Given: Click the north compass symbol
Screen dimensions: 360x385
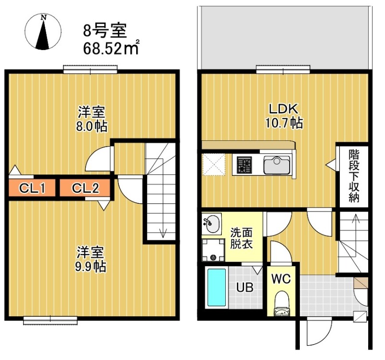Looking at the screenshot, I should pyautogui.click(x=44, y=32).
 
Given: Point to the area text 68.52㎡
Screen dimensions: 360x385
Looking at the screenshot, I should pyautogui.click(x=111, y=48).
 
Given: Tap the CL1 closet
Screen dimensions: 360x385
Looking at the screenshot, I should pyautogui.click(x=32, y=187).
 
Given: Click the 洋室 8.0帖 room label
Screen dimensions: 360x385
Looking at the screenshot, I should pyautogui.click(x=92, y=119).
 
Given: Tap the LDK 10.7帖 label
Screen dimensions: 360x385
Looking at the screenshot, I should pyautogui.click(x=283, y=116).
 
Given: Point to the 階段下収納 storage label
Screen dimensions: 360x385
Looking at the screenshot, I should pyautogui.click(x=355, y=176).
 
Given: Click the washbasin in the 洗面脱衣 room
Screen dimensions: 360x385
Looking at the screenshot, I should pyautogui.click(x=211, y=223).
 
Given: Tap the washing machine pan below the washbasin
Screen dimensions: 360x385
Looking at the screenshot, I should pyautogui.click(x=212, y=249).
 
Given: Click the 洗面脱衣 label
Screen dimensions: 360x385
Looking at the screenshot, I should pyautogui.click(x=241, y=237).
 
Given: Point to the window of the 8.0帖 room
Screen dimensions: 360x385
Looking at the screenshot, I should pyautogui.click(x=90, y=70).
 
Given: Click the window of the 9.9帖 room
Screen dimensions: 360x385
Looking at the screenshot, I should pyautogui.click(x=51, y=319).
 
